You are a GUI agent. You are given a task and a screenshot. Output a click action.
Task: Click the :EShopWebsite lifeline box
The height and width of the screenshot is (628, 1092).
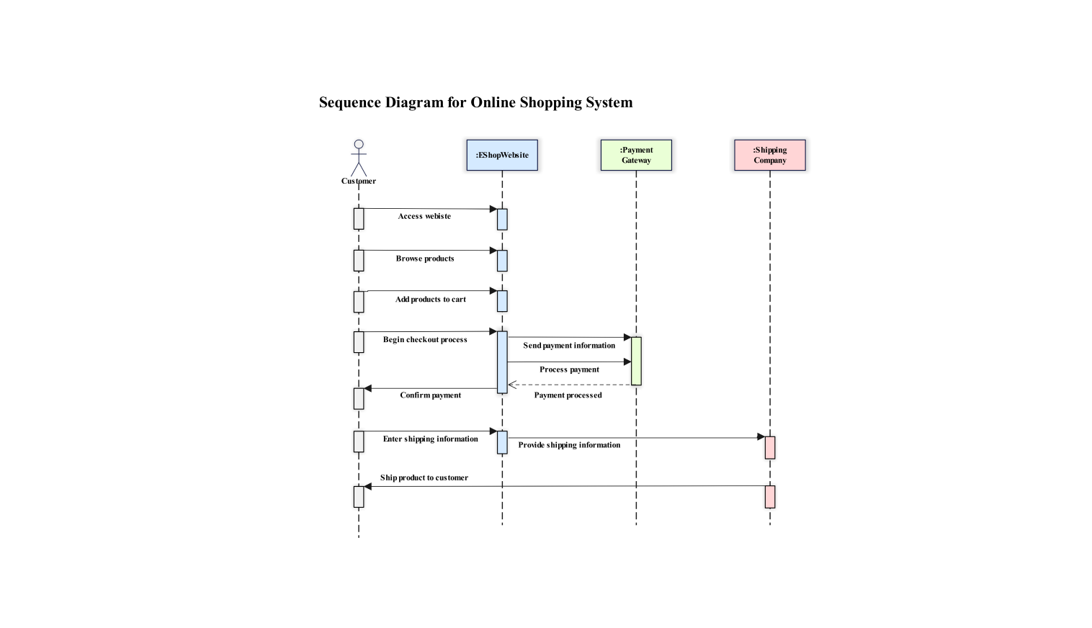click(502, 155)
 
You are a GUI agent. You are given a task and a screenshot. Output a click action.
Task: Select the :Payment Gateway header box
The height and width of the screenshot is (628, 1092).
click(636, 155)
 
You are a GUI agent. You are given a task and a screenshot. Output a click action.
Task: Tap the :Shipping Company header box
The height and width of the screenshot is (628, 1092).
click(769, 155)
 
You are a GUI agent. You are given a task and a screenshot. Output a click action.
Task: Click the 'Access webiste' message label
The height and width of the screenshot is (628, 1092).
click(424, 216)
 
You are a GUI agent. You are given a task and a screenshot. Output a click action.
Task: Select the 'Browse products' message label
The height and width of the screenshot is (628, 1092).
click(425, 259)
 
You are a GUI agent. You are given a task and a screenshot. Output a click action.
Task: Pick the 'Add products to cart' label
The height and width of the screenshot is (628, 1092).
click(430, 300)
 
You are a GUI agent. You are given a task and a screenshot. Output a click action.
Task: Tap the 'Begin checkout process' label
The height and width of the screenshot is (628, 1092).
click(425, 340)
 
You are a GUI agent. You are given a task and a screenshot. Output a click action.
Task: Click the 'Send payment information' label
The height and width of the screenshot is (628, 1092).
click(569, 346)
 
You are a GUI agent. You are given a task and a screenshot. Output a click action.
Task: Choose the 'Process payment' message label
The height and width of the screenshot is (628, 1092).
click(569, 369)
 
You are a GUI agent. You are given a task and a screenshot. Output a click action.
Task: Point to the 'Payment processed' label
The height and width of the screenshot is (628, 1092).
click(568, 395)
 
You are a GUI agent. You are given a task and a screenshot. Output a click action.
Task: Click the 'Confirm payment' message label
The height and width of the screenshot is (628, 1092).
click(430, 395)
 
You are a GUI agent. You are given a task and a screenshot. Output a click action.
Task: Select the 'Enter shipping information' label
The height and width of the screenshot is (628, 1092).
click(430, 439)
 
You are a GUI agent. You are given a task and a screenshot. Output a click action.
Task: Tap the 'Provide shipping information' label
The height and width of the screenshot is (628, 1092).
click(569, 445)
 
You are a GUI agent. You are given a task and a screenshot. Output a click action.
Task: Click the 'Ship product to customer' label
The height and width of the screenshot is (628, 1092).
click(424, 477)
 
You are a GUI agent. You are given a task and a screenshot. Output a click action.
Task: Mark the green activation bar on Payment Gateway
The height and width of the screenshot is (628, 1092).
click(636, 361)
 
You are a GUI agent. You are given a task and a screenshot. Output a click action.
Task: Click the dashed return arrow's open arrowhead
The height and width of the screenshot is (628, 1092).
click(512, 385)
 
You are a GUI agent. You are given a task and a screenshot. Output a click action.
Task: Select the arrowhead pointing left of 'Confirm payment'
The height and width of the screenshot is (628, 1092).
click(368, 388)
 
